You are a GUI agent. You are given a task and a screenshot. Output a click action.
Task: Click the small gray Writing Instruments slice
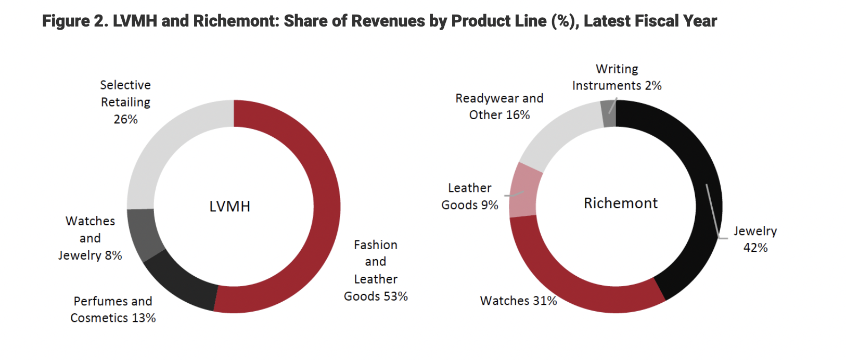(609, 114)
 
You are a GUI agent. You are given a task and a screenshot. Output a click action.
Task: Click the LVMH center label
(229, 207)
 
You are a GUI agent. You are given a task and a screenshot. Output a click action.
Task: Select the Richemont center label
(620, 203)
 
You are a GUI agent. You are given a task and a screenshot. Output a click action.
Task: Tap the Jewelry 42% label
(755, 239)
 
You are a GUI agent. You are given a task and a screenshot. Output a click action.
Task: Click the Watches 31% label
(518, 301)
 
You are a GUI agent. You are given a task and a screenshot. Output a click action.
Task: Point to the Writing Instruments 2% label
(617, 77)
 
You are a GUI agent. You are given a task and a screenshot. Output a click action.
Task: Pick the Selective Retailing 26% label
(125, 102)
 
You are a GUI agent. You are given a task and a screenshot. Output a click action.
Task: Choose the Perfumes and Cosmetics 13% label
(113, 310)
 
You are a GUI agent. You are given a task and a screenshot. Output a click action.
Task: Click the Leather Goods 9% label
(469, 196)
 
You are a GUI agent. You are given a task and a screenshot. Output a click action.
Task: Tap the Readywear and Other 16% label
(499, 106)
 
